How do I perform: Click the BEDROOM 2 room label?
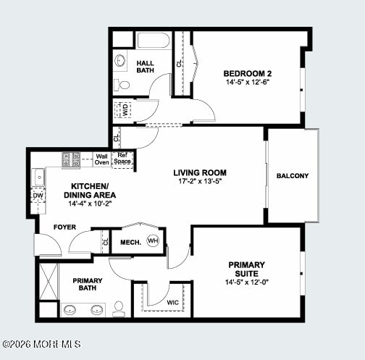(x=247, y=73)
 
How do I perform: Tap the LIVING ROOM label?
(x=200, y=172)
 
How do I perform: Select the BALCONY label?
(x=293, y=176)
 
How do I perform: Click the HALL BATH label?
(x=146, y=67)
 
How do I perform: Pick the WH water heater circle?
(x=153, y=241)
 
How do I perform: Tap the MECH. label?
(x=130, y=242)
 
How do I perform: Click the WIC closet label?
(x=172, y=302)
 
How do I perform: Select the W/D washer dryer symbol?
(x=123, y=110)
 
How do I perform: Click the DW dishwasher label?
(x=38, y=196)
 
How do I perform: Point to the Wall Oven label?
(x=102, y=159)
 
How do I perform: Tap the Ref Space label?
(x=123, y=159)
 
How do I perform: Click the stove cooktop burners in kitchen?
(x=71, y=159)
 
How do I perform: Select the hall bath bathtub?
(x=153, y=40)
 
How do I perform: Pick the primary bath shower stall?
(x=48, y=281)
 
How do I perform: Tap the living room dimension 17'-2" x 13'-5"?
(x=200, y=182)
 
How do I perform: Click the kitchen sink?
(x=38, y=176)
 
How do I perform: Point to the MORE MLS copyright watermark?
(x=41, y=344)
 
